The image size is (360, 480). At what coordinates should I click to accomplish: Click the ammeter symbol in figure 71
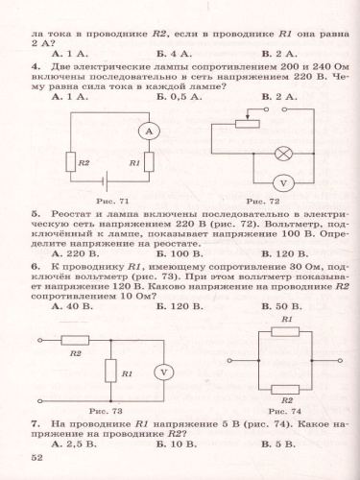click(148, 129)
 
